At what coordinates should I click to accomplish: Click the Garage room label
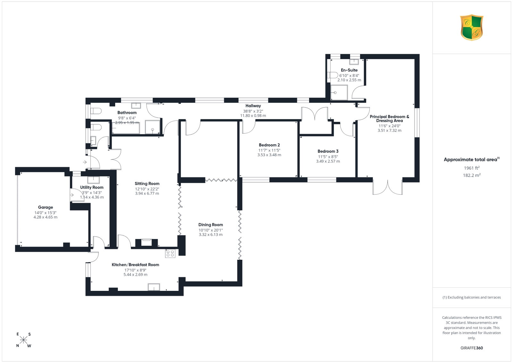tap(45, 207)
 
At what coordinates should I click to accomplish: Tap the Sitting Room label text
tap(147, 183)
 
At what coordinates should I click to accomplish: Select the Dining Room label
tap(211, 225)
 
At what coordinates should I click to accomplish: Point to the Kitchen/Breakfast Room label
tap(135, 265)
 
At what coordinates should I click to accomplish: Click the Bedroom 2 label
tap(269, 145)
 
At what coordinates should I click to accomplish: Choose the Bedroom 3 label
tap(328, 151)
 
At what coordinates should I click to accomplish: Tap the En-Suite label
tap(349, 70)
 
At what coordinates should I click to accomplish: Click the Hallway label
tap(253, 106)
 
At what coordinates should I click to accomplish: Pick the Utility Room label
tap(92, 187)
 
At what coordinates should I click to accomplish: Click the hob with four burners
tap(170, 253)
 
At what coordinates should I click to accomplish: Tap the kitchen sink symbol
tap(154, 287)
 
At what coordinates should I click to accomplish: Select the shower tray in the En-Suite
tap(339, 93)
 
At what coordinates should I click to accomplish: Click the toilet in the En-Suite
tap(332, 75)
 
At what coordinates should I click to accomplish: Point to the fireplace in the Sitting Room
tap(147, 243)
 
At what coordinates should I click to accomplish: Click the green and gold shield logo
tap(472, 28)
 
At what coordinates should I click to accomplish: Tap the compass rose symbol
tap(23, 340)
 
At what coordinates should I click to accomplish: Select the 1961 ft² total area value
tap(472, 168)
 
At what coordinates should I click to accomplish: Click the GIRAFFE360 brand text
tap(472, 348)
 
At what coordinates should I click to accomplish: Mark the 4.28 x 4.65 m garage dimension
tap(45, 217)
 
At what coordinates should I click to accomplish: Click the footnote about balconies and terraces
tap(472, 297)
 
